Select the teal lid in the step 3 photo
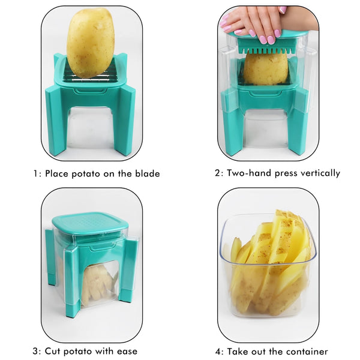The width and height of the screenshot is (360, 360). pos(89,223)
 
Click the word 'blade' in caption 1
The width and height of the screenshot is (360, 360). pos(147,174)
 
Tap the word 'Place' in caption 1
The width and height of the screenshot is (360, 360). pos(59,174)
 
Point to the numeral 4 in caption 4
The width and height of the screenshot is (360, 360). pos(218,351)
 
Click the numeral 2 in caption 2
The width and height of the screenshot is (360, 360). pos(218,173)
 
